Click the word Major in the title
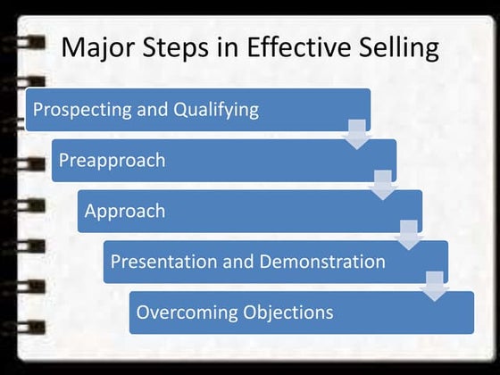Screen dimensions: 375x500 [x=98, y=47]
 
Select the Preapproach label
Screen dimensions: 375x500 [x=112, y=161]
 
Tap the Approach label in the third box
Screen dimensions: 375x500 [x=125, y=212]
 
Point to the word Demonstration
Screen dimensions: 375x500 [x=322, y=262]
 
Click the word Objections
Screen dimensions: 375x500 [x=287, y=312]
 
